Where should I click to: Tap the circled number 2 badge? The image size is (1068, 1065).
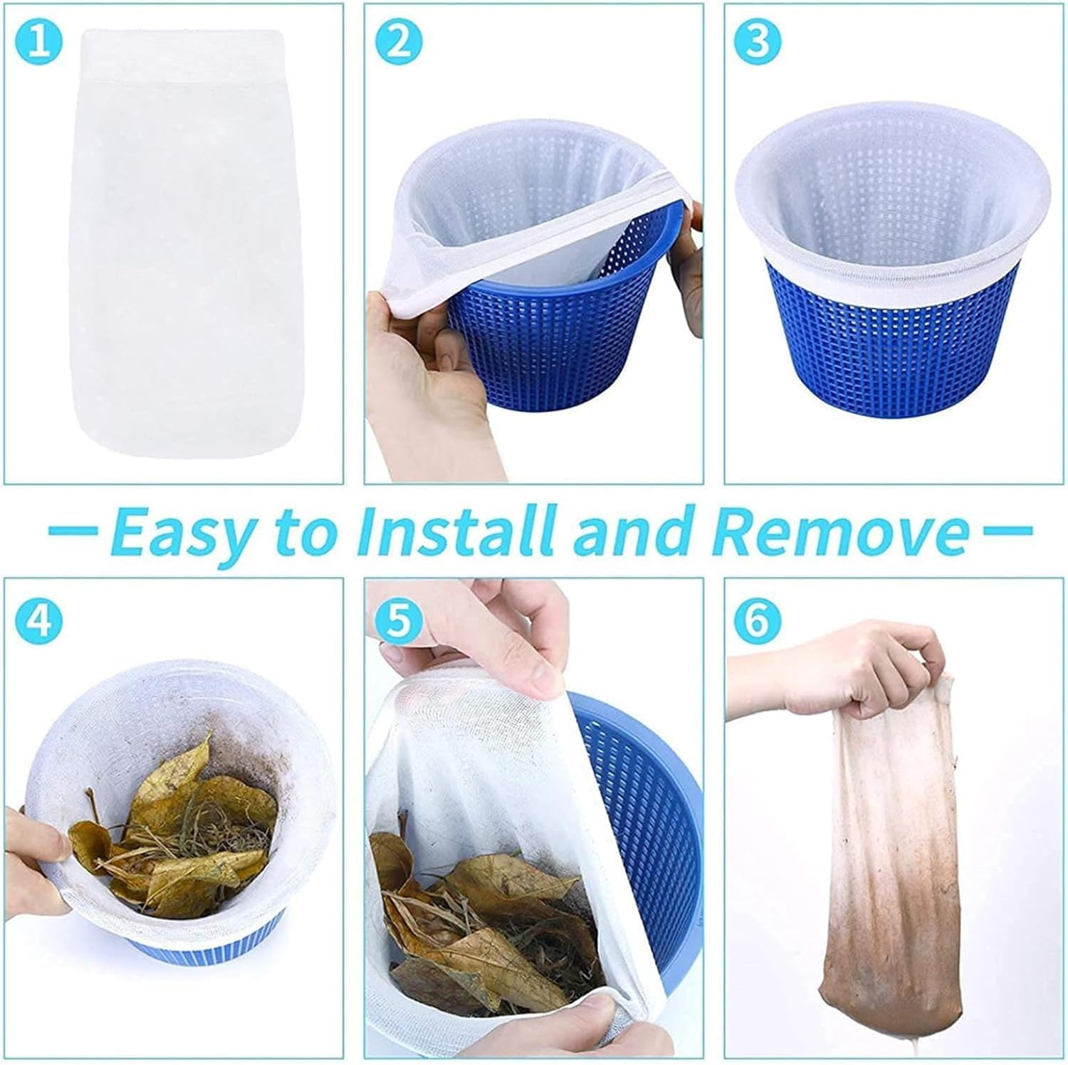(400, 42)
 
